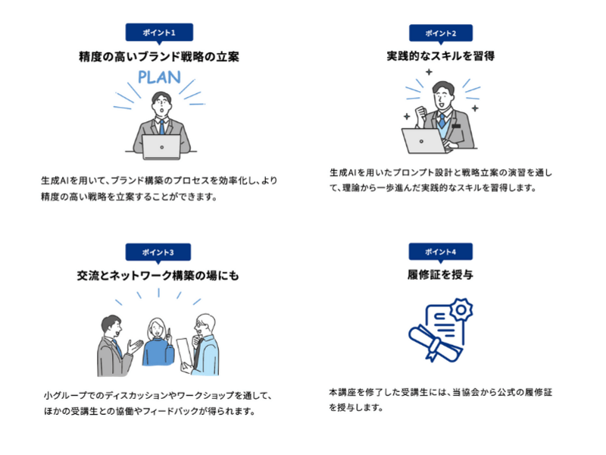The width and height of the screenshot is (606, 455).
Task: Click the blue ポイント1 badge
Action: [x=159, y=33]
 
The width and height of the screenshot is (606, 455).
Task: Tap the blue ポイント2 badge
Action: [x=441, y=33]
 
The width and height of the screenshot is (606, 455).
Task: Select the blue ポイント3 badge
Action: [x=158, y=253]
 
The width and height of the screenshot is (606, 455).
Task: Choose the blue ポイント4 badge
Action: [x=441, y=252]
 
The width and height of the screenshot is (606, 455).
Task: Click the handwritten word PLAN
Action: [x=159, y=77]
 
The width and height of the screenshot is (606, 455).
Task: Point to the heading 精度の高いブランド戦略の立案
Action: [x=159, y=57]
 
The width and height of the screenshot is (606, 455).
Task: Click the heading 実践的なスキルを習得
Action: [x=441, y=56]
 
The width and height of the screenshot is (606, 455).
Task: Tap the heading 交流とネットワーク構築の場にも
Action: [x=158, y=276]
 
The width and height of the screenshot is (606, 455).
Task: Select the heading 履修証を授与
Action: [x=440, y=275]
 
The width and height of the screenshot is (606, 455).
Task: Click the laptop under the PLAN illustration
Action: [x=161, y=146]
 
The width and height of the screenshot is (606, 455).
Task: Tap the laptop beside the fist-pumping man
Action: [x=424, y=141]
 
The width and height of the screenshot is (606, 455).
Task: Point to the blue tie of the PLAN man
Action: [x=162, y=127]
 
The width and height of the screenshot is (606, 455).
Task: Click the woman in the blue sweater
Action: [x=158, y=342]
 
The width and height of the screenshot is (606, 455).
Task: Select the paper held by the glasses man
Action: [x=185, y=355]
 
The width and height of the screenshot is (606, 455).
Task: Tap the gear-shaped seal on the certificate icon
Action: [x=461, y=309]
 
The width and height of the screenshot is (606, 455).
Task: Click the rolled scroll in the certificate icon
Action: [x=434, y=344]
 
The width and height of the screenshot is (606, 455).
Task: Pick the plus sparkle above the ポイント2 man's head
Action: [x=429, y=72]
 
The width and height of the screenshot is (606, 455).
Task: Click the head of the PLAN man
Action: [x=161, y=103]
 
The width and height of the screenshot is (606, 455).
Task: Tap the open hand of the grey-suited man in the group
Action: [x=135, y=347]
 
